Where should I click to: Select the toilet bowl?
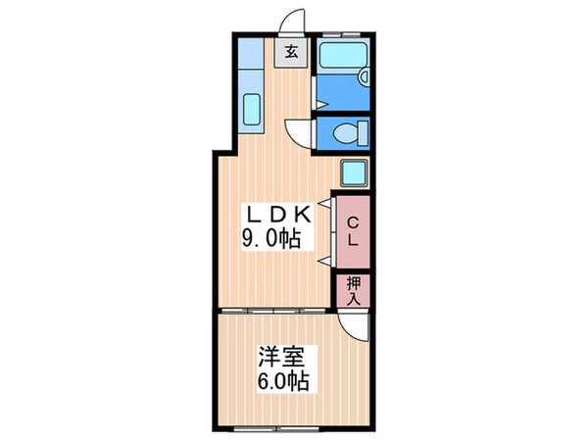pos(348,132)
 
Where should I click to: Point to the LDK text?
pos(277,215)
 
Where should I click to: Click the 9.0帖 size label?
pos(272,238)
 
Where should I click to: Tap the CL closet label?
pos(354,232)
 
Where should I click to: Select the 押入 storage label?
pos(354,290)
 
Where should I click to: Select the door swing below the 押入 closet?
pos(354,326)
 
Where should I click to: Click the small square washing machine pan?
pos(354,172)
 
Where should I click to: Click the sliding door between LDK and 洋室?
pos(275,311)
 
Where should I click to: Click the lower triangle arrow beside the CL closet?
pos(322,261)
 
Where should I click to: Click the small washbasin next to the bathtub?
pos(364,77)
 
